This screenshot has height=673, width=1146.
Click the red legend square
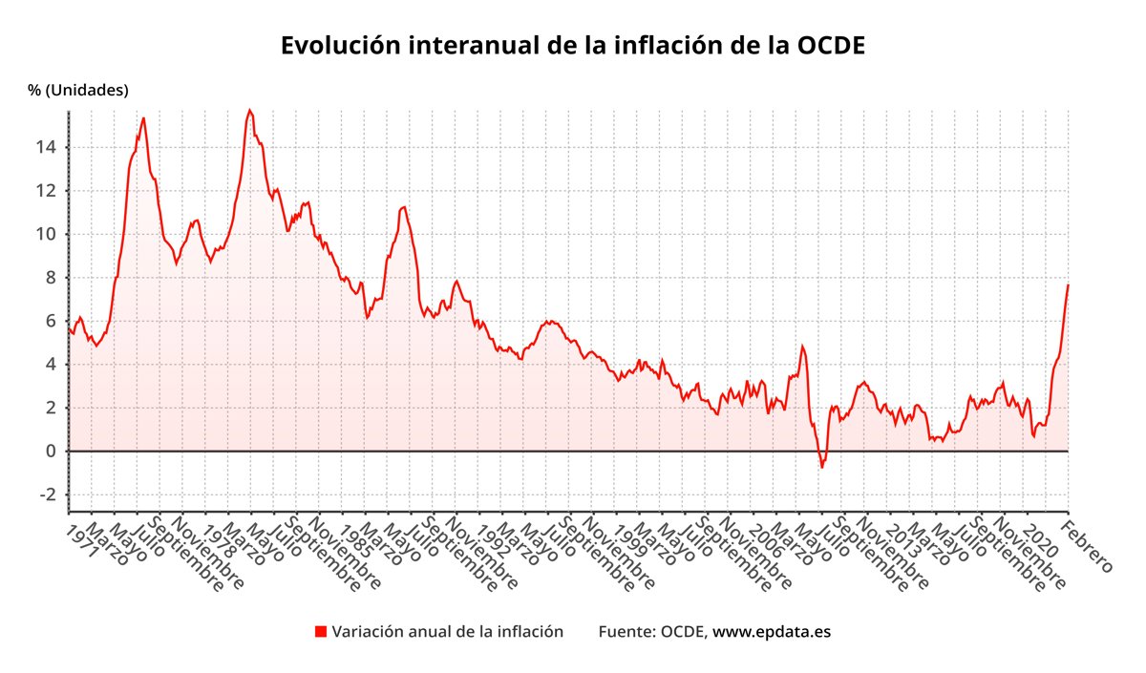pyautogui.click(x=321, y=632)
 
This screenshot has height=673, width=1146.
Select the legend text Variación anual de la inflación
pyautogui.click(x=447, y=632)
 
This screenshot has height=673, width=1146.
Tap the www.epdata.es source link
pyautogui.click(x=772, y=632)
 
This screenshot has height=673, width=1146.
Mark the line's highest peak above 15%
pyautogui.click(x=250, y=110)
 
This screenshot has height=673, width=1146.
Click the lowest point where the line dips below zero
pyautogui.click(x=821, y=468)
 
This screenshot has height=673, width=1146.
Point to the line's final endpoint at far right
pyautogui.click(x=1068, y=284)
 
